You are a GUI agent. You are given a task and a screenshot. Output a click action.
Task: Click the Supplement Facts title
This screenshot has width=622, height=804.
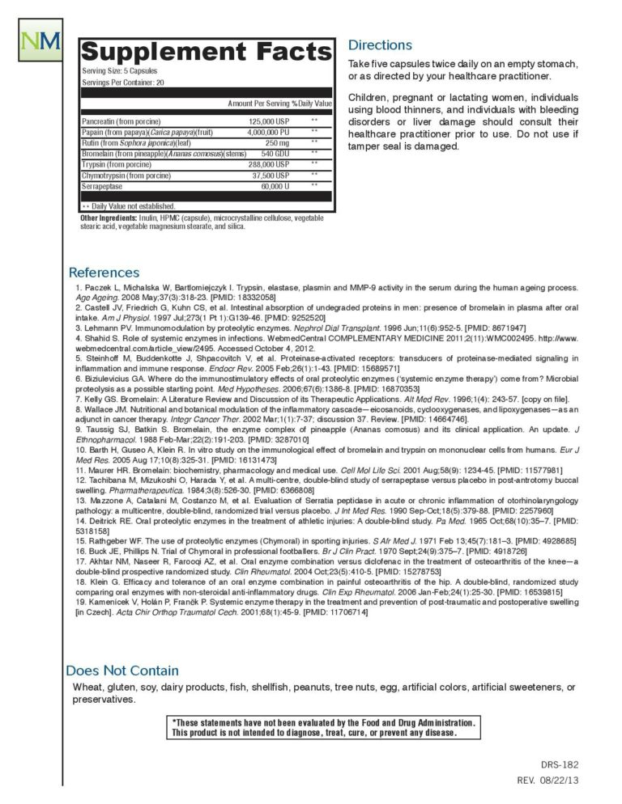click(x=207, y=52)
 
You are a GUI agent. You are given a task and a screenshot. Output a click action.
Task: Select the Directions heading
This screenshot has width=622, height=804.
click(x=380, y=45)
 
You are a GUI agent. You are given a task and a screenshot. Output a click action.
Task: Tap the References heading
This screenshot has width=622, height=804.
click(x=104, y=273)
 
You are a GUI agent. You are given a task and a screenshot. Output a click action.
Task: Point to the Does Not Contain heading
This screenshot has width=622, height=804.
click(x=122, y=671)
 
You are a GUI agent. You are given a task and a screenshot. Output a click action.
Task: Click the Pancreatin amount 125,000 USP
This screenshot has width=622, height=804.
click(x=269, y=121)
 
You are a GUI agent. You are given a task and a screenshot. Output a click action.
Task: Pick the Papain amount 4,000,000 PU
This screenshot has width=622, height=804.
click(x=264, y=132)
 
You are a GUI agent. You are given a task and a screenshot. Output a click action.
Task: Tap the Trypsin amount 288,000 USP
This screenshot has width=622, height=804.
click(x=269, y=164)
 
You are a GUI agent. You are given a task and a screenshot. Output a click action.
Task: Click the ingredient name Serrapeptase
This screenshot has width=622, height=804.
click(x=101, y=186)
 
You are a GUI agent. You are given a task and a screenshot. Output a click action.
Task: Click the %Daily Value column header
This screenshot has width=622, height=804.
click(x=312, y=104)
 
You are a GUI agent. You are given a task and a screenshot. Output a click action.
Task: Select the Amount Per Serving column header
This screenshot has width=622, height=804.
click(x=258, y=104)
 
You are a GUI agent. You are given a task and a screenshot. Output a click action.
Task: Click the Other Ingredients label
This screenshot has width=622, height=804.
click(x=108, y=218)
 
